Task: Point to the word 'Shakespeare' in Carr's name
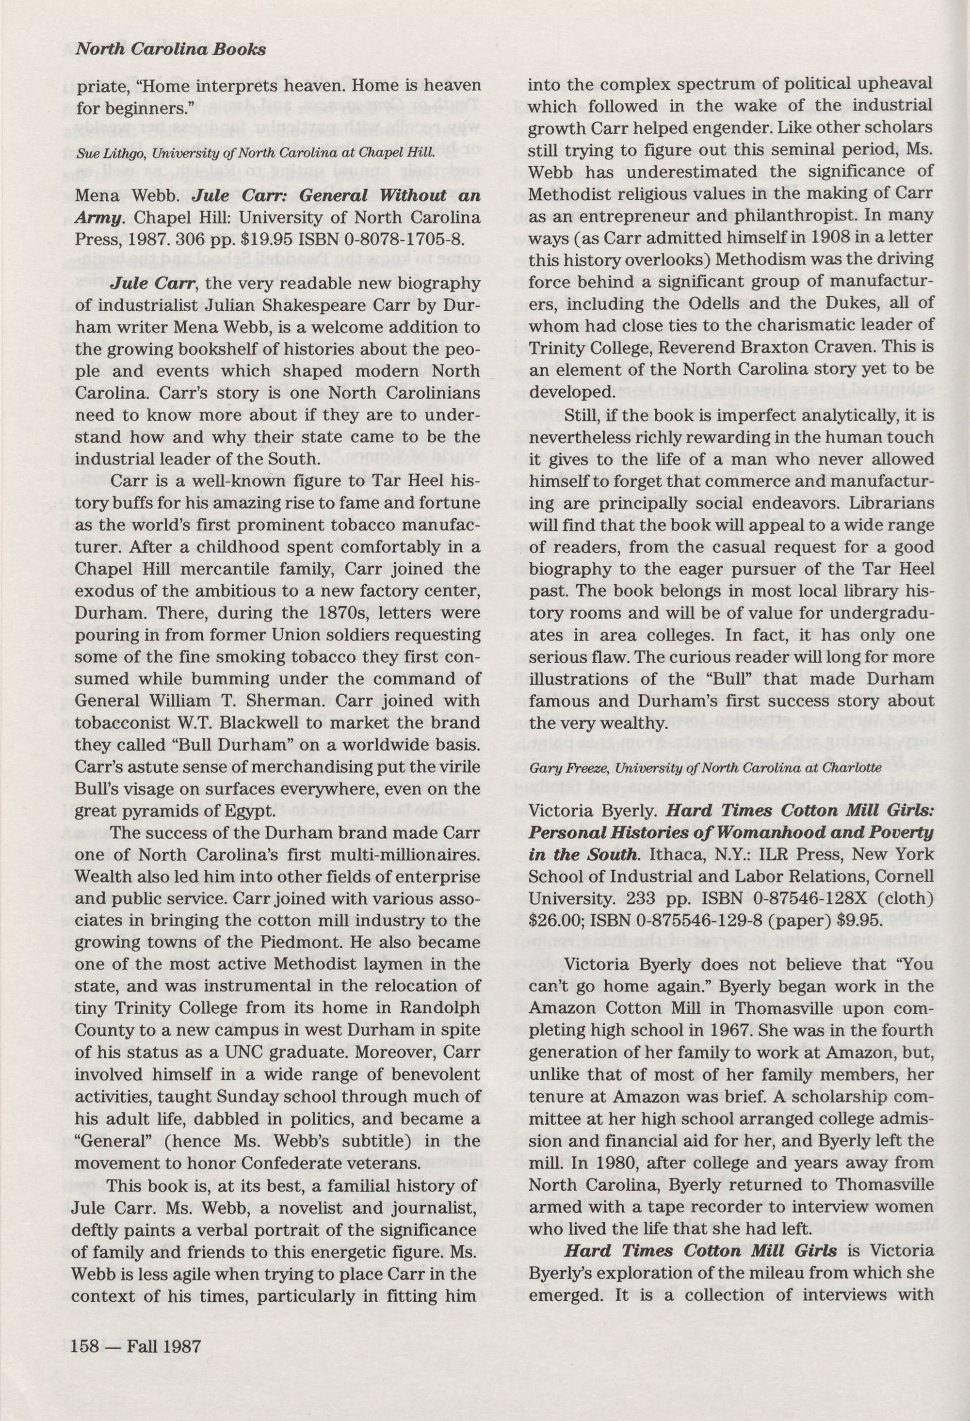coord(335,305)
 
